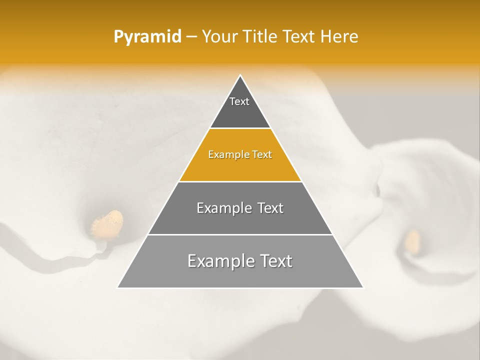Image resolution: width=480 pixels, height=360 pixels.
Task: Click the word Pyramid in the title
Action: (x=147, y=37)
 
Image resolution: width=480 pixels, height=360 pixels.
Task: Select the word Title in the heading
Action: (x=260, y=37)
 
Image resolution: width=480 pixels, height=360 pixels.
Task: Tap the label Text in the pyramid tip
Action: (x=239, y=101)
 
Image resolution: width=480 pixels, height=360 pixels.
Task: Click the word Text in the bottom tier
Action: (x=274, y=261)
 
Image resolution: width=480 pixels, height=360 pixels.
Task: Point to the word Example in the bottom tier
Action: (x=220, y=261)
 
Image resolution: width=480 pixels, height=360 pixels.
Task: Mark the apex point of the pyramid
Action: (x=240, y=75)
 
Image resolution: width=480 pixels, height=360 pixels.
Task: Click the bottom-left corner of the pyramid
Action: (x=117, y=287)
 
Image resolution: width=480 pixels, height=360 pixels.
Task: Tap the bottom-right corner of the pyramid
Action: (x=363, y=287)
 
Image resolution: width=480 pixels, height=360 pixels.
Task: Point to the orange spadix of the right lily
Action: (x=412, y=241)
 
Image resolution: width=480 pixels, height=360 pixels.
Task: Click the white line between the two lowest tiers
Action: (x=240, y=234)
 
